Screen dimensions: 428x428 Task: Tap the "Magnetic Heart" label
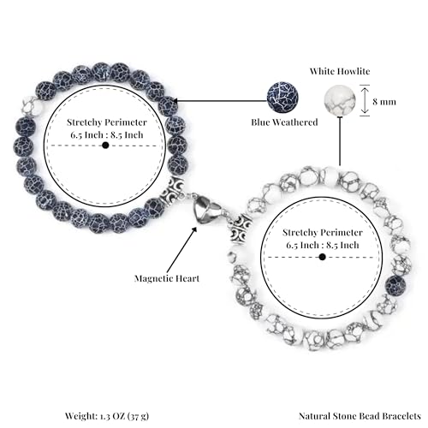tap(167, 278)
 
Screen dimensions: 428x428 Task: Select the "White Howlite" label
tap(340, 71)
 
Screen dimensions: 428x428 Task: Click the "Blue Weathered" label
tap(284, 122)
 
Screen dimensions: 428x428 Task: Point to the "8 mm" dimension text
tap(384, 102)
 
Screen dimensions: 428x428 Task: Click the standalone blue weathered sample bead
tap(282, 97)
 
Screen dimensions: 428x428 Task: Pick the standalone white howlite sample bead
tap(340, 100)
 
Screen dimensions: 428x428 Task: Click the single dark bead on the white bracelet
tap(395, 286)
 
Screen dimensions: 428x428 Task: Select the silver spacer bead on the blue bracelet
tap(174, 189)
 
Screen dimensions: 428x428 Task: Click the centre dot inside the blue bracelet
tap(105, 146)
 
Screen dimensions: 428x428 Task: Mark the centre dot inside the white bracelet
tap(323, 257)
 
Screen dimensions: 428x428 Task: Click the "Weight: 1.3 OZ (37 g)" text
tap(107, 416)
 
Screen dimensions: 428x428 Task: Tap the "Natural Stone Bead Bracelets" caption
tap(360, 416)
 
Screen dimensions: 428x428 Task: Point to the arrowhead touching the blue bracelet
tap(175, 101)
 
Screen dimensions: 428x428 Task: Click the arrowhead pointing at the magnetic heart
tap(194, 229)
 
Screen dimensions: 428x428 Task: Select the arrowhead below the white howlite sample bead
tap(340, 118)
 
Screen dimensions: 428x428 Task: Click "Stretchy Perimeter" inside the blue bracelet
tap(107, 122)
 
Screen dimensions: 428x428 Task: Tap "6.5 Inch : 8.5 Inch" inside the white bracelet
tap(323, 245)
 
